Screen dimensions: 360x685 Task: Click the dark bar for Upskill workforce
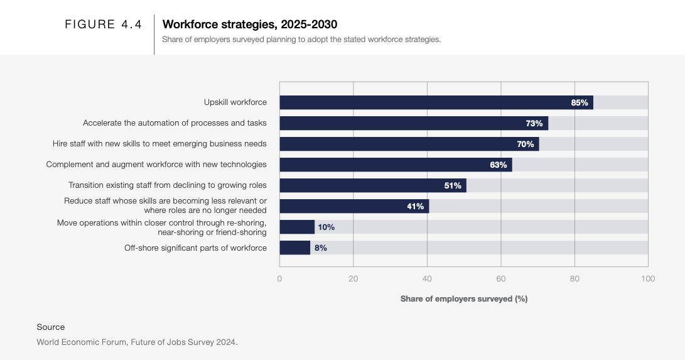436,102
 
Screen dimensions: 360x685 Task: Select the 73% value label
534,123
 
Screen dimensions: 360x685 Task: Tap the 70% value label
525,144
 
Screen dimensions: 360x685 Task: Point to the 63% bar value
498,165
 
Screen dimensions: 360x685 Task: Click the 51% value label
453,185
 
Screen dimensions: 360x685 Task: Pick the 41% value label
415,206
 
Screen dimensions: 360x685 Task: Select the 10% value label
326,227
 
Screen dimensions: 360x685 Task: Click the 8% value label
320,248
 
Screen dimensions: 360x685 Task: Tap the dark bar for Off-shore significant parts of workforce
294,248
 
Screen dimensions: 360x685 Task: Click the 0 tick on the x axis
279,278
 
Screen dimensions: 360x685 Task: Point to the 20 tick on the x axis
353,278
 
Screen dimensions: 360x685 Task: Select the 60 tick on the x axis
500,278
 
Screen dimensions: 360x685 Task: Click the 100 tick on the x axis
648,278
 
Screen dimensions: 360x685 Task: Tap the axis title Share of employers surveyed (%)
463,298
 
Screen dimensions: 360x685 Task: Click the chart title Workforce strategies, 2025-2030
250,25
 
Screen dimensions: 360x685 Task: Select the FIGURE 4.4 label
104,25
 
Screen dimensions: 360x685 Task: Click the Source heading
51,327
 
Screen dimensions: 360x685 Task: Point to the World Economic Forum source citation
137,342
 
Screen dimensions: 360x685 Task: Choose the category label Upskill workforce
235,102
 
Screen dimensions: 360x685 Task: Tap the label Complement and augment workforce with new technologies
156,165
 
